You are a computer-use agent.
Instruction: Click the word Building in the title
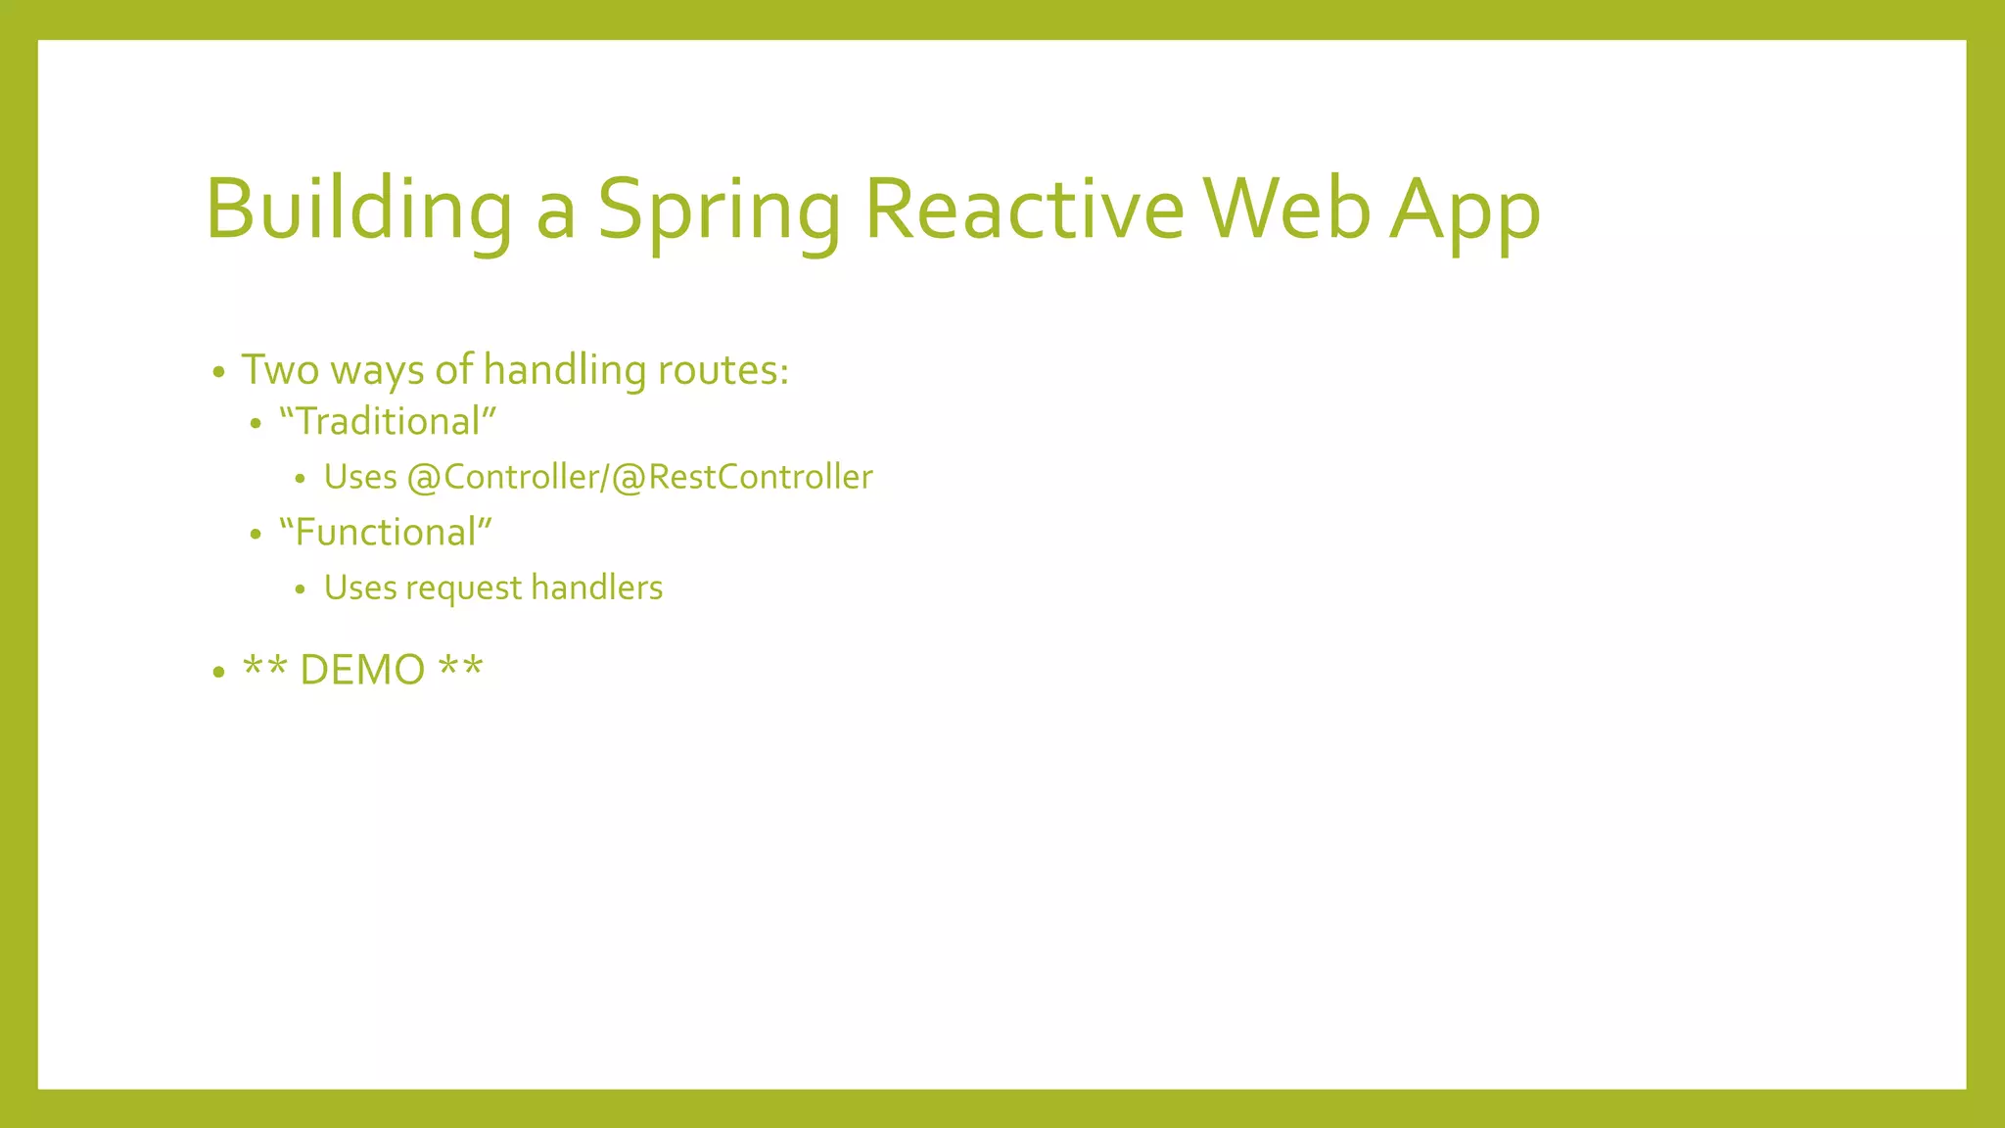click(x=358, y=210)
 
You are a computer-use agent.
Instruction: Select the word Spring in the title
click(x=719, y=210)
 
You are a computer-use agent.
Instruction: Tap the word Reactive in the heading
click(x=1024, y=210)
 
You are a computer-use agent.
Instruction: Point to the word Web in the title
click(x=1286, y=210)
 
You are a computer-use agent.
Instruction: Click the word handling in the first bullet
click(x=564, y=370)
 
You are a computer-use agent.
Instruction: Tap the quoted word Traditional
click(x=388, y=422)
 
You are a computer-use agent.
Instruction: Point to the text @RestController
click(x=742, y=477)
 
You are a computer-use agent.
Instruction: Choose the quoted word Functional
click(x=386, y=533)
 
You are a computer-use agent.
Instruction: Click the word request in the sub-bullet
click(x=464, y=588)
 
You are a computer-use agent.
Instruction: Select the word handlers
click(x=596, y=587)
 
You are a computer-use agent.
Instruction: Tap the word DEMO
click(x=362, y=671)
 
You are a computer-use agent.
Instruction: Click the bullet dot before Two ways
click(x=218, y=373)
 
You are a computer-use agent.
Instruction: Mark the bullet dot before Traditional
click(x=256, y=425)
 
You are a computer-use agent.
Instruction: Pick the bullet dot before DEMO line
click(x=218, y=673)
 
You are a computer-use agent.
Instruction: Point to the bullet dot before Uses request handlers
click(x=301, y=589)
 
